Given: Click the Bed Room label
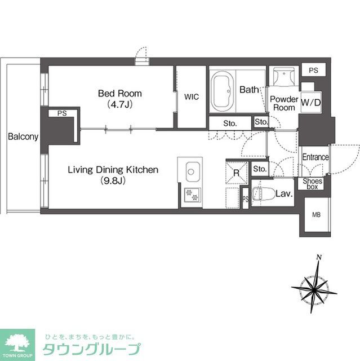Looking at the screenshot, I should [x=120, y=94].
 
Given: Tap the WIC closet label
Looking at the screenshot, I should [x=190, y=96].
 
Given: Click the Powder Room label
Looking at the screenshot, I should [x=284, y=103].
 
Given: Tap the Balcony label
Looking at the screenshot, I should [x=23, y=137].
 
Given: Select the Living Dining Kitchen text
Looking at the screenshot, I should [x=113, y=170].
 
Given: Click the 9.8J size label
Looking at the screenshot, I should [x=113, y=181].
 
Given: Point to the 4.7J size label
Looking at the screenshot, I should [x=120, y=104].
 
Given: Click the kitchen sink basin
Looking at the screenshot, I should [x=192, y=171].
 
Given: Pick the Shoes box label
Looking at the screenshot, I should [x=312, y=183].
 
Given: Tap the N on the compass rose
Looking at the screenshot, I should [x=319, y=258].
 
